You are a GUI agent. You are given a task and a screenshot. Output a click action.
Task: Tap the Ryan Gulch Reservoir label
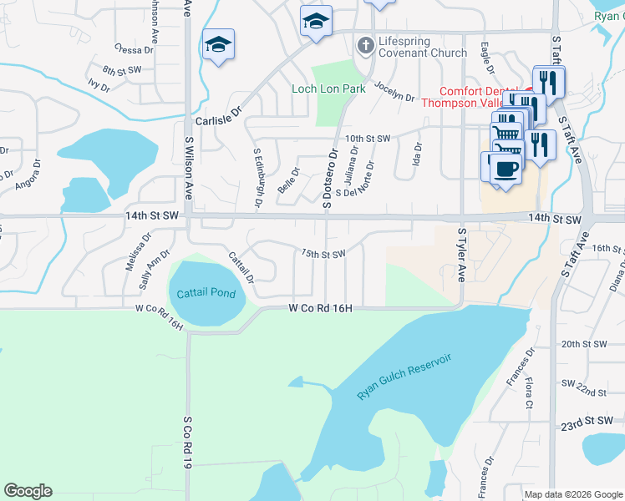tap(404, 377)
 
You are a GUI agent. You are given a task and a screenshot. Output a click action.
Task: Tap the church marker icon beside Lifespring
tap(364, 43)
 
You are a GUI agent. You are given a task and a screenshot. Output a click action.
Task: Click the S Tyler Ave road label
tap(460, 253)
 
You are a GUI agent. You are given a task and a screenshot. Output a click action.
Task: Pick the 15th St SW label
tap(323, 254)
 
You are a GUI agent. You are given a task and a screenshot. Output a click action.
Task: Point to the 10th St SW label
tap(368, 138)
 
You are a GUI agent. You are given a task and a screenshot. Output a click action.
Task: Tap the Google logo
tap(28, 491)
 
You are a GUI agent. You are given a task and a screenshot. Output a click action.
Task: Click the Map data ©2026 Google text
tap(572, 494)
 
